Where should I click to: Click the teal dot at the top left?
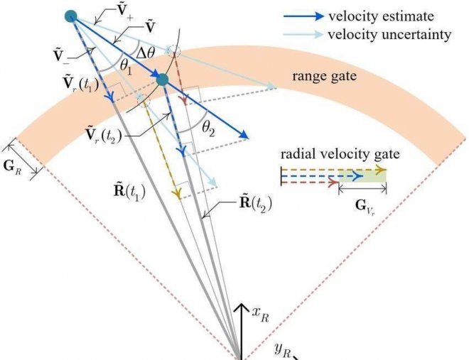click(x=70, y=16)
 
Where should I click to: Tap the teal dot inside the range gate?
click(x=162, y=80)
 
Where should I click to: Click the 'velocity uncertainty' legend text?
click(x=389, y=34)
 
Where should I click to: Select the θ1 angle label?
click(x=126, y=67)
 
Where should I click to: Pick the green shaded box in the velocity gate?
click(x=362, y=175)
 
